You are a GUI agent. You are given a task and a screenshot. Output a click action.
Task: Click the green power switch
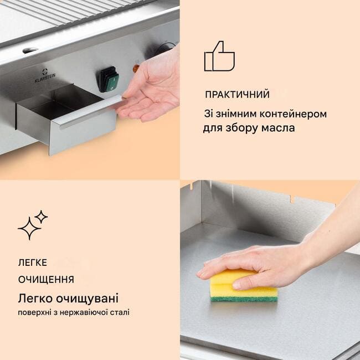coord(110,79)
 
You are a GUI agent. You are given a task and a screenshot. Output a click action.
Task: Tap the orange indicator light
coord(136,68)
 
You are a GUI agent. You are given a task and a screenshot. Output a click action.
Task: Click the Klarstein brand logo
coord(45,76)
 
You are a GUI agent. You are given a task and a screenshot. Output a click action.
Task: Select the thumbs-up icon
coord(219,56)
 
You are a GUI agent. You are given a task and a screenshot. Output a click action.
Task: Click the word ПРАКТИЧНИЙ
coord(237,95)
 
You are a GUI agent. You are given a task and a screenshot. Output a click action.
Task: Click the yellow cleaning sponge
coord(244,285)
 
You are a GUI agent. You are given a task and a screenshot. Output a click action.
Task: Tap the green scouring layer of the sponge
coord(244,299)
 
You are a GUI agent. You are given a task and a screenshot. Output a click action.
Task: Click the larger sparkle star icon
coord(29,229)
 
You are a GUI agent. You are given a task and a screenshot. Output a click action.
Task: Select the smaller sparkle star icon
coord(41,217)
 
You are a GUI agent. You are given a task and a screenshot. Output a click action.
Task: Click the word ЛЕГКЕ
coord(32,263)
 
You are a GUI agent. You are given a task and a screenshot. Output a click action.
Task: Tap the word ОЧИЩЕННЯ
coord(46,280)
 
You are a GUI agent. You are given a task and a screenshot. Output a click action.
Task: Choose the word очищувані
coord(88,299)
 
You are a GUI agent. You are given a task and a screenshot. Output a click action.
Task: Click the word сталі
coord(121,312)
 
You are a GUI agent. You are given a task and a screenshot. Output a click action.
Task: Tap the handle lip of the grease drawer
coord(91,111)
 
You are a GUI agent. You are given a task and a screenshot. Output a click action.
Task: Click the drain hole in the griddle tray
coord(30,50)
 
